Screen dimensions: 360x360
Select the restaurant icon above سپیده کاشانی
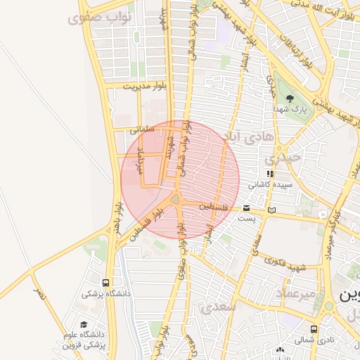269,174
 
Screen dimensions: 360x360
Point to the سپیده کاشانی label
270,184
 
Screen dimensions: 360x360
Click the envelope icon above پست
246,207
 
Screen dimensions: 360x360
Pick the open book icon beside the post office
271,210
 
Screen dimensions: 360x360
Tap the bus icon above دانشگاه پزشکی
106,283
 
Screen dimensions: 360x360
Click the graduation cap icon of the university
84,325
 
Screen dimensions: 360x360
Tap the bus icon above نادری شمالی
313,329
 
